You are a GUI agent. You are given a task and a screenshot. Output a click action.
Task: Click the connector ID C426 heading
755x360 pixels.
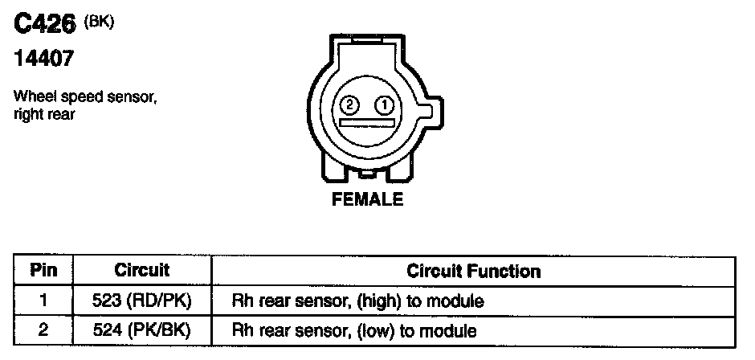click(44, 27)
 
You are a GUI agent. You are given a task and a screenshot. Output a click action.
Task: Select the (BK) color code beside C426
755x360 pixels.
click(100, 22)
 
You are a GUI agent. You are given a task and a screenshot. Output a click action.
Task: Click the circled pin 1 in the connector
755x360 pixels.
click(385, 104)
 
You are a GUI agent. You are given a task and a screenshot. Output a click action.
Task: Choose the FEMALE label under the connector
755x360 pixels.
click(367, 200)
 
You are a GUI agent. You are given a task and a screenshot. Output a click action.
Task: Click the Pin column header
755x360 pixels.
click(43, 271)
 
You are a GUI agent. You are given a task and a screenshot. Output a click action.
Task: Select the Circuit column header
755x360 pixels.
click(141, 271)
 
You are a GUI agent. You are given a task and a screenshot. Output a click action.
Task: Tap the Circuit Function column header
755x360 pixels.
click(474, 271)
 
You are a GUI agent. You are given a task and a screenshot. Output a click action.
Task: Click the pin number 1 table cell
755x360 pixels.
click(43, 301)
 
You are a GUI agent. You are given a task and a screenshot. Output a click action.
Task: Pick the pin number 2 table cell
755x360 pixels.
click(43, 330)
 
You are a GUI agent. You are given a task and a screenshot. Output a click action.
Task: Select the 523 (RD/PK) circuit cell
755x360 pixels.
click(141, 301)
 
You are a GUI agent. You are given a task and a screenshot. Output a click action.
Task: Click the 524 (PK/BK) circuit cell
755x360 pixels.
click(141, 330)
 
